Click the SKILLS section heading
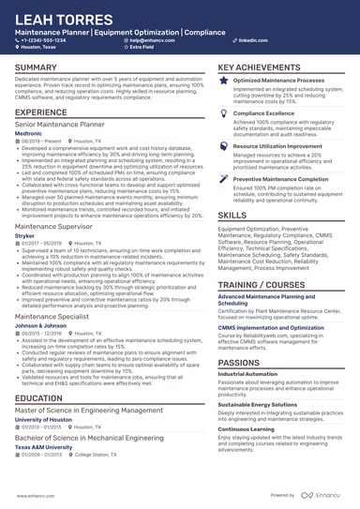[x=232, y=215]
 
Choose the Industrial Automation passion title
[x=252, y=373]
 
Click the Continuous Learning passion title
[x=251, y=428]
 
